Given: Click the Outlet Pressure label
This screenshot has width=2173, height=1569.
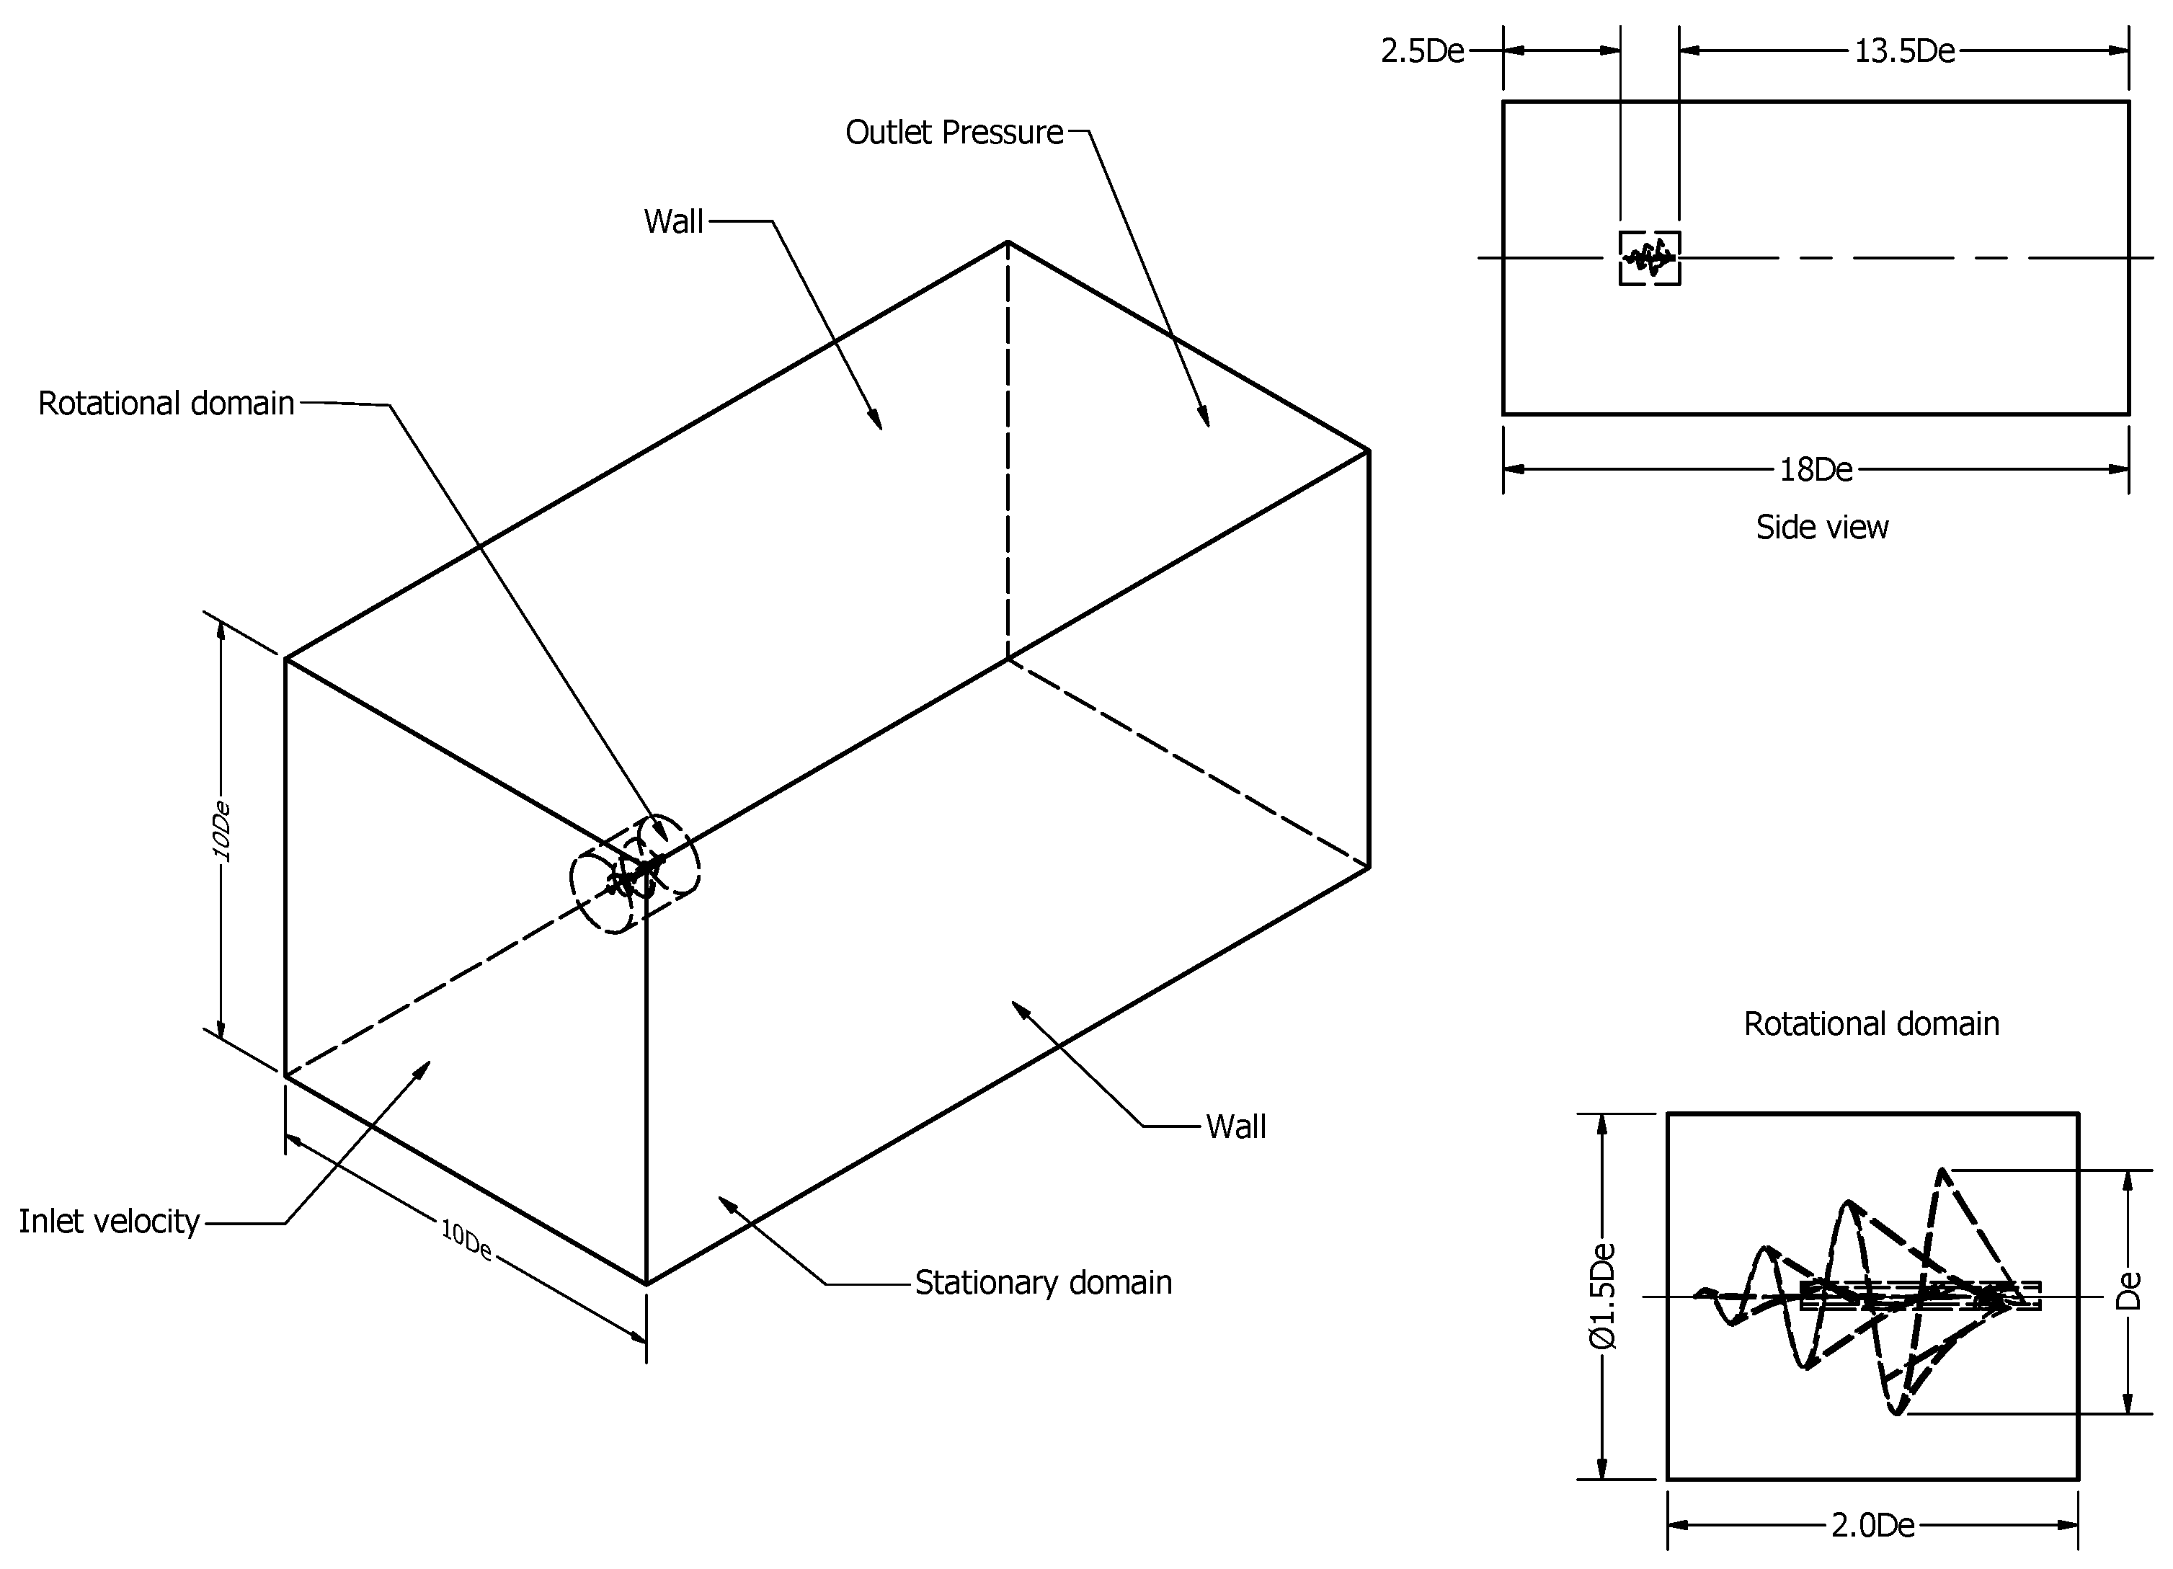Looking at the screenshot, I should point(954,132).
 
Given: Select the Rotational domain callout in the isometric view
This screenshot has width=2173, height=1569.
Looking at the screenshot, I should point(166,404).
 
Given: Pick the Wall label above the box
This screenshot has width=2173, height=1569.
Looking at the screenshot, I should point(674,221).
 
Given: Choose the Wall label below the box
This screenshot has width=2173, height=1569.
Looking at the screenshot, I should point(1235,1126).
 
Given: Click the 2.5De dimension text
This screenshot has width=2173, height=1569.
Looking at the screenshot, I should point(1422,50).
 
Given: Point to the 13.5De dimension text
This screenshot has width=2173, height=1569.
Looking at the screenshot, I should point(1903,50).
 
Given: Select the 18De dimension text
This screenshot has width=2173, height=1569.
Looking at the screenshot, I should point(1816,469).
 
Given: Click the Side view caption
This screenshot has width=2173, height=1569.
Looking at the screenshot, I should point(1821,528).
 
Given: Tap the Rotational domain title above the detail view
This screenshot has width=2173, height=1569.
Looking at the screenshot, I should point(1871,1024).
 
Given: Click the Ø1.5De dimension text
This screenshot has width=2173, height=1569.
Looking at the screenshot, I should point(1603,1296).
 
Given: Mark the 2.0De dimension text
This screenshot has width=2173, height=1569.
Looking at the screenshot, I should point(1872,1525).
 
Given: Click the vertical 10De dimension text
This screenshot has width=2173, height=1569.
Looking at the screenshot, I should point(221,830).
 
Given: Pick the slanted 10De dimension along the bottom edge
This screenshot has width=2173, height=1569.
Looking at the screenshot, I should point(466,1240).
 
